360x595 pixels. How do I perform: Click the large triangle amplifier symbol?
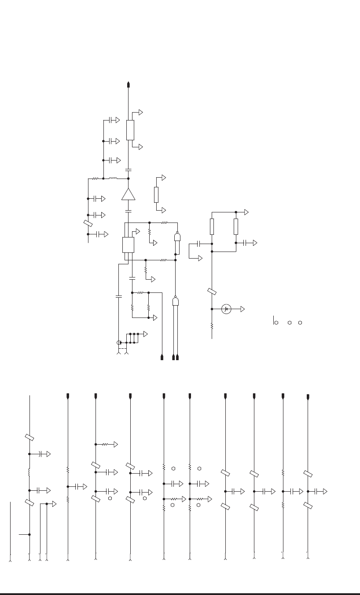(129, 194)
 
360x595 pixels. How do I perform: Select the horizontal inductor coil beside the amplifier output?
(113, 179)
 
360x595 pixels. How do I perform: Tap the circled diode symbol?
(226, 309)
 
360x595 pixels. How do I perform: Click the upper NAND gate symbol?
(177, 238)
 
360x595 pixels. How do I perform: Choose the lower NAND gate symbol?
(175, 301)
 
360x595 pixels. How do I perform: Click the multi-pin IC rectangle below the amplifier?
(128, 245)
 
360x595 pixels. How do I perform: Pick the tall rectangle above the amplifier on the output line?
(130, 130)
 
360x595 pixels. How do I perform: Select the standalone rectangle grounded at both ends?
(156, 194)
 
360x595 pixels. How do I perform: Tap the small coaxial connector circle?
(118, 342)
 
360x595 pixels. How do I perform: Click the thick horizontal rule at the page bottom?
(180, 594)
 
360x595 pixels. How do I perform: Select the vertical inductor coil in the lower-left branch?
(29, 472)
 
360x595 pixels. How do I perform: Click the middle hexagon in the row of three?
(290, 323)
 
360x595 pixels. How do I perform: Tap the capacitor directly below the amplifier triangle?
(129, 212)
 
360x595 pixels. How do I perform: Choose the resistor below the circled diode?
(212, 326)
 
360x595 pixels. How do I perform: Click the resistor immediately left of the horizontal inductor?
(95, 179)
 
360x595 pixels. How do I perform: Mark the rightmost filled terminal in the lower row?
(308, 397)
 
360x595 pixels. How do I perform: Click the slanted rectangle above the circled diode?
(212, 292)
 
